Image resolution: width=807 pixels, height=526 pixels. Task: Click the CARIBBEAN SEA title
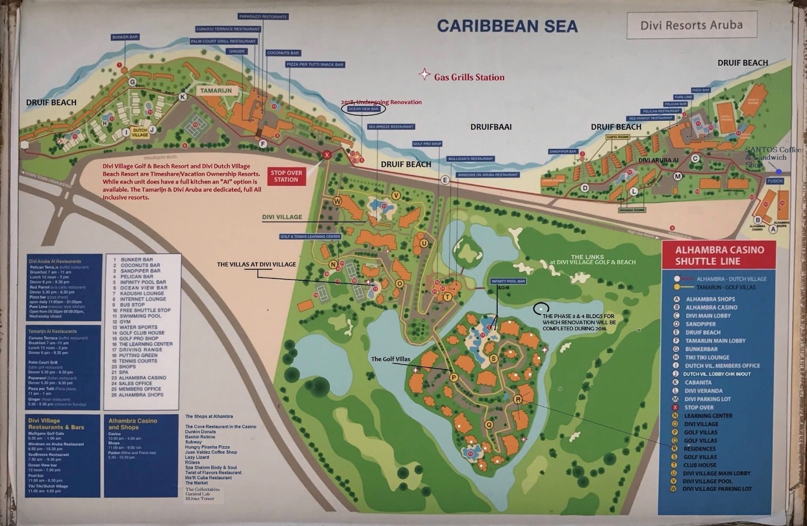pyautogui.click(x=498, y=25)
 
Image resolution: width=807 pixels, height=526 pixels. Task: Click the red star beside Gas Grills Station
pyautogui.click(x=424, y=75)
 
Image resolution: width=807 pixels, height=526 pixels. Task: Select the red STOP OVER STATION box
pyautogui.click(x=286, y=176)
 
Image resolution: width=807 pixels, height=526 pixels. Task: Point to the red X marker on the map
pyautogui.click(x=327, y=154)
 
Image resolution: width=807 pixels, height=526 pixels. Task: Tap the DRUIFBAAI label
pyautogui.click(x=491, y=127)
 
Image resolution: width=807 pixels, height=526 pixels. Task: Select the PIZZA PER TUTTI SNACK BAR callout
pyautogui.click(x=314, y=65)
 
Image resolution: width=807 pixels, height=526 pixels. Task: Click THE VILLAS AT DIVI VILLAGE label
pyautogui.click(x=257, y=265)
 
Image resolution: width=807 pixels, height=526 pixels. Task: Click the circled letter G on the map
pyautogui.click(x=132, y=82)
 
